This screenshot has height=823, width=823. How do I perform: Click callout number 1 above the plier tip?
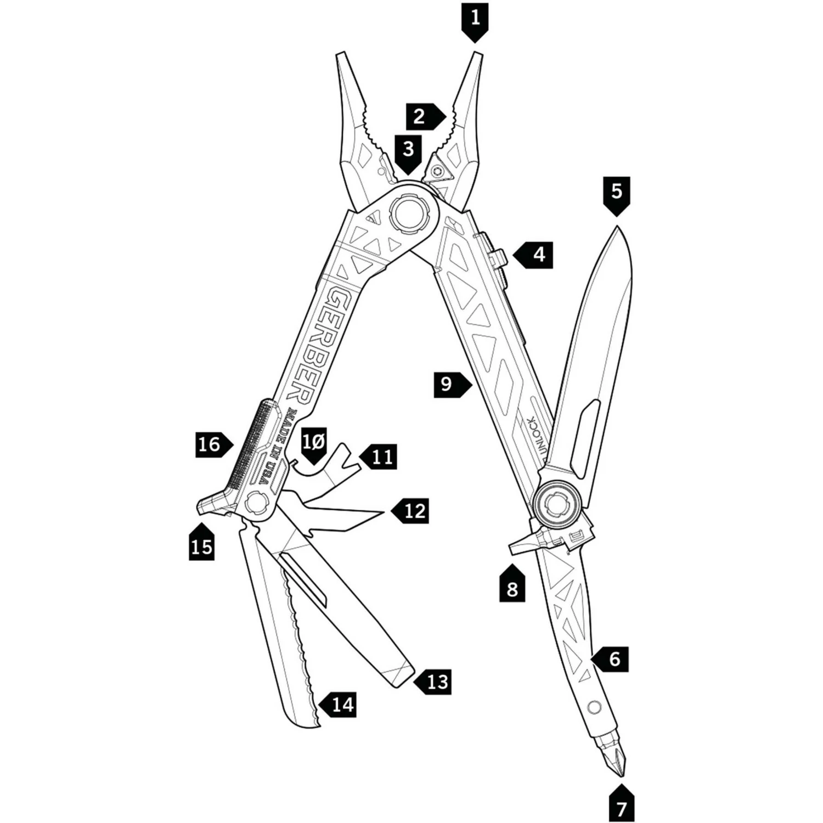pyautogui.click(x=475, y=19)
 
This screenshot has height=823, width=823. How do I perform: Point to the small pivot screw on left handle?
pyautogui.click(x=256, y=501)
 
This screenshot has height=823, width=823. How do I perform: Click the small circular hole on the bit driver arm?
pyautogui.click(x=593, y=707)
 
